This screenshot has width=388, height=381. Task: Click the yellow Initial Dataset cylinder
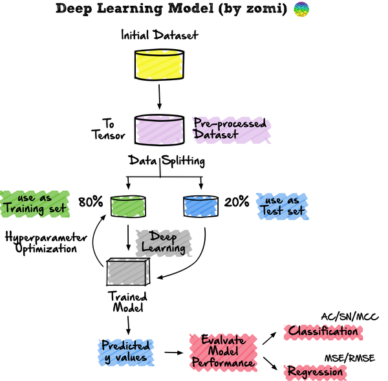click(159, 65)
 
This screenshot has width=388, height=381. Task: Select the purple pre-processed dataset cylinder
click(159, 130)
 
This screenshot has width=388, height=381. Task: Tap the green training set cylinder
click(128, 206)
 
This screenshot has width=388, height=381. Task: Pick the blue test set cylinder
click(200, 206)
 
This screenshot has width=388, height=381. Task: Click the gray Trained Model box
click(128, 272)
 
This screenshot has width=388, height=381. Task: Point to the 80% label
click(91, 202)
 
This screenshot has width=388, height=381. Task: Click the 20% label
click(237, 202)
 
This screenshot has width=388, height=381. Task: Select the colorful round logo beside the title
click(301, 9)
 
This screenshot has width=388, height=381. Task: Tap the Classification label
click(323, 332)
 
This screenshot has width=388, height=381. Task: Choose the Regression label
click(315, 372)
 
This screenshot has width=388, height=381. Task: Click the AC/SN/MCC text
click(350, 317)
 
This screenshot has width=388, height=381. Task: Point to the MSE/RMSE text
click(350, 358)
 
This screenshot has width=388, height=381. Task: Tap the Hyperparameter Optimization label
click(46, 243)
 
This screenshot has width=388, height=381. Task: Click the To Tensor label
click(109, 129)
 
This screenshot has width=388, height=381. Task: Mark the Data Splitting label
click(167, 161)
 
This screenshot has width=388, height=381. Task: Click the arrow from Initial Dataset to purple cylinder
click(159, 97)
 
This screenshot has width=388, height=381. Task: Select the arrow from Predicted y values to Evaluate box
click(174, 353)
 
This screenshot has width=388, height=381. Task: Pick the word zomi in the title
click(264, 8)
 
